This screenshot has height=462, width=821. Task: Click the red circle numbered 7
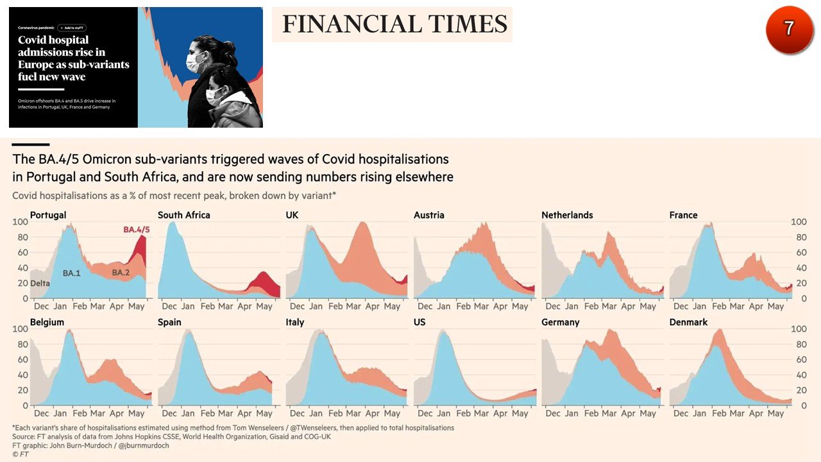pyautogui.click(x=789, y=30)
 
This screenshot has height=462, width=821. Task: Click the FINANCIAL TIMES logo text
pyautogui.click(x=394, y=24)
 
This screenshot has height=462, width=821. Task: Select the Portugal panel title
pyautogui.click(x=48, y=215)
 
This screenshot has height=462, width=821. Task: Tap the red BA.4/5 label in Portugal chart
pyautogui.click(x=136, y=229)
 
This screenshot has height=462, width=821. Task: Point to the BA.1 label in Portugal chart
pyautogui.click(x=72, y=273)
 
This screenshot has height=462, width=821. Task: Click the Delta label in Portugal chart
pyautogui.click(x=40, y=283)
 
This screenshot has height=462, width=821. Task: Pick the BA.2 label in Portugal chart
pyautogui.click(x=121, y=273)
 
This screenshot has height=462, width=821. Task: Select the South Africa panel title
pyautogui.click(x=183, y=215)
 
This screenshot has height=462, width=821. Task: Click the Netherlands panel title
pyautogui.click(x=567, y=215)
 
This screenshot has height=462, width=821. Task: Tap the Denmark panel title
pyautogui.click(x=688, y=322)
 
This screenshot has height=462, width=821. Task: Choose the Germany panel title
pyautogui.click(x=561, y=322)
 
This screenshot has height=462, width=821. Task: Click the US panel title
pyautogui.click(x=419, y=322)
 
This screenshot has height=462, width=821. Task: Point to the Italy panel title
pyautogui.click(x=295, y=322)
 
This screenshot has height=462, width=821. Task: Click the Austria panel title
pyautogui.click(x=428, y=215)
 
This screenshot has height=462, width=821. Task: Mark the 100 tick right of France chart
pyautogui.click(x=799, y=222)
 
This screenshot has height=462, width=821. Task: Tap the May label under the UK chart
pyautogui.click(x=392, y=307)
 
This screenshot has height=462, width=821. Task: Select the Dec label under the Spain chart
pyautogui.click(x=169, y=414)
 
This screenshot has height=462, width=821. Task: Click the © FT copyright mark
pyautogui.click(x=21, y=454)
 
